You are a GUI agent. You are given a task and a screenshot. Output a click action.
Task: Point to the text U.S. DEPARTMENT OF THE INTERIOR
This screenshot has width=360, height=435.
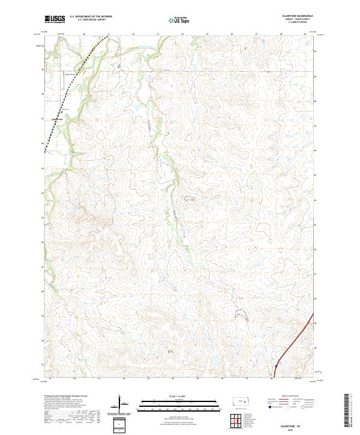point(91,16)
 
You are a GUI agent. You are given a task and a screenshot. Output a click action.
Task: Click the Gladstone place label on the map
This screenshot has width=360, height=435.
point(58,119)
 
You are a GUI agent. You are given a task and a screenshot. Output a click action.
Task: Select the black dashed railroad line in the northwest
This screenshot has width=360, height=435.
point(78,78)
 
